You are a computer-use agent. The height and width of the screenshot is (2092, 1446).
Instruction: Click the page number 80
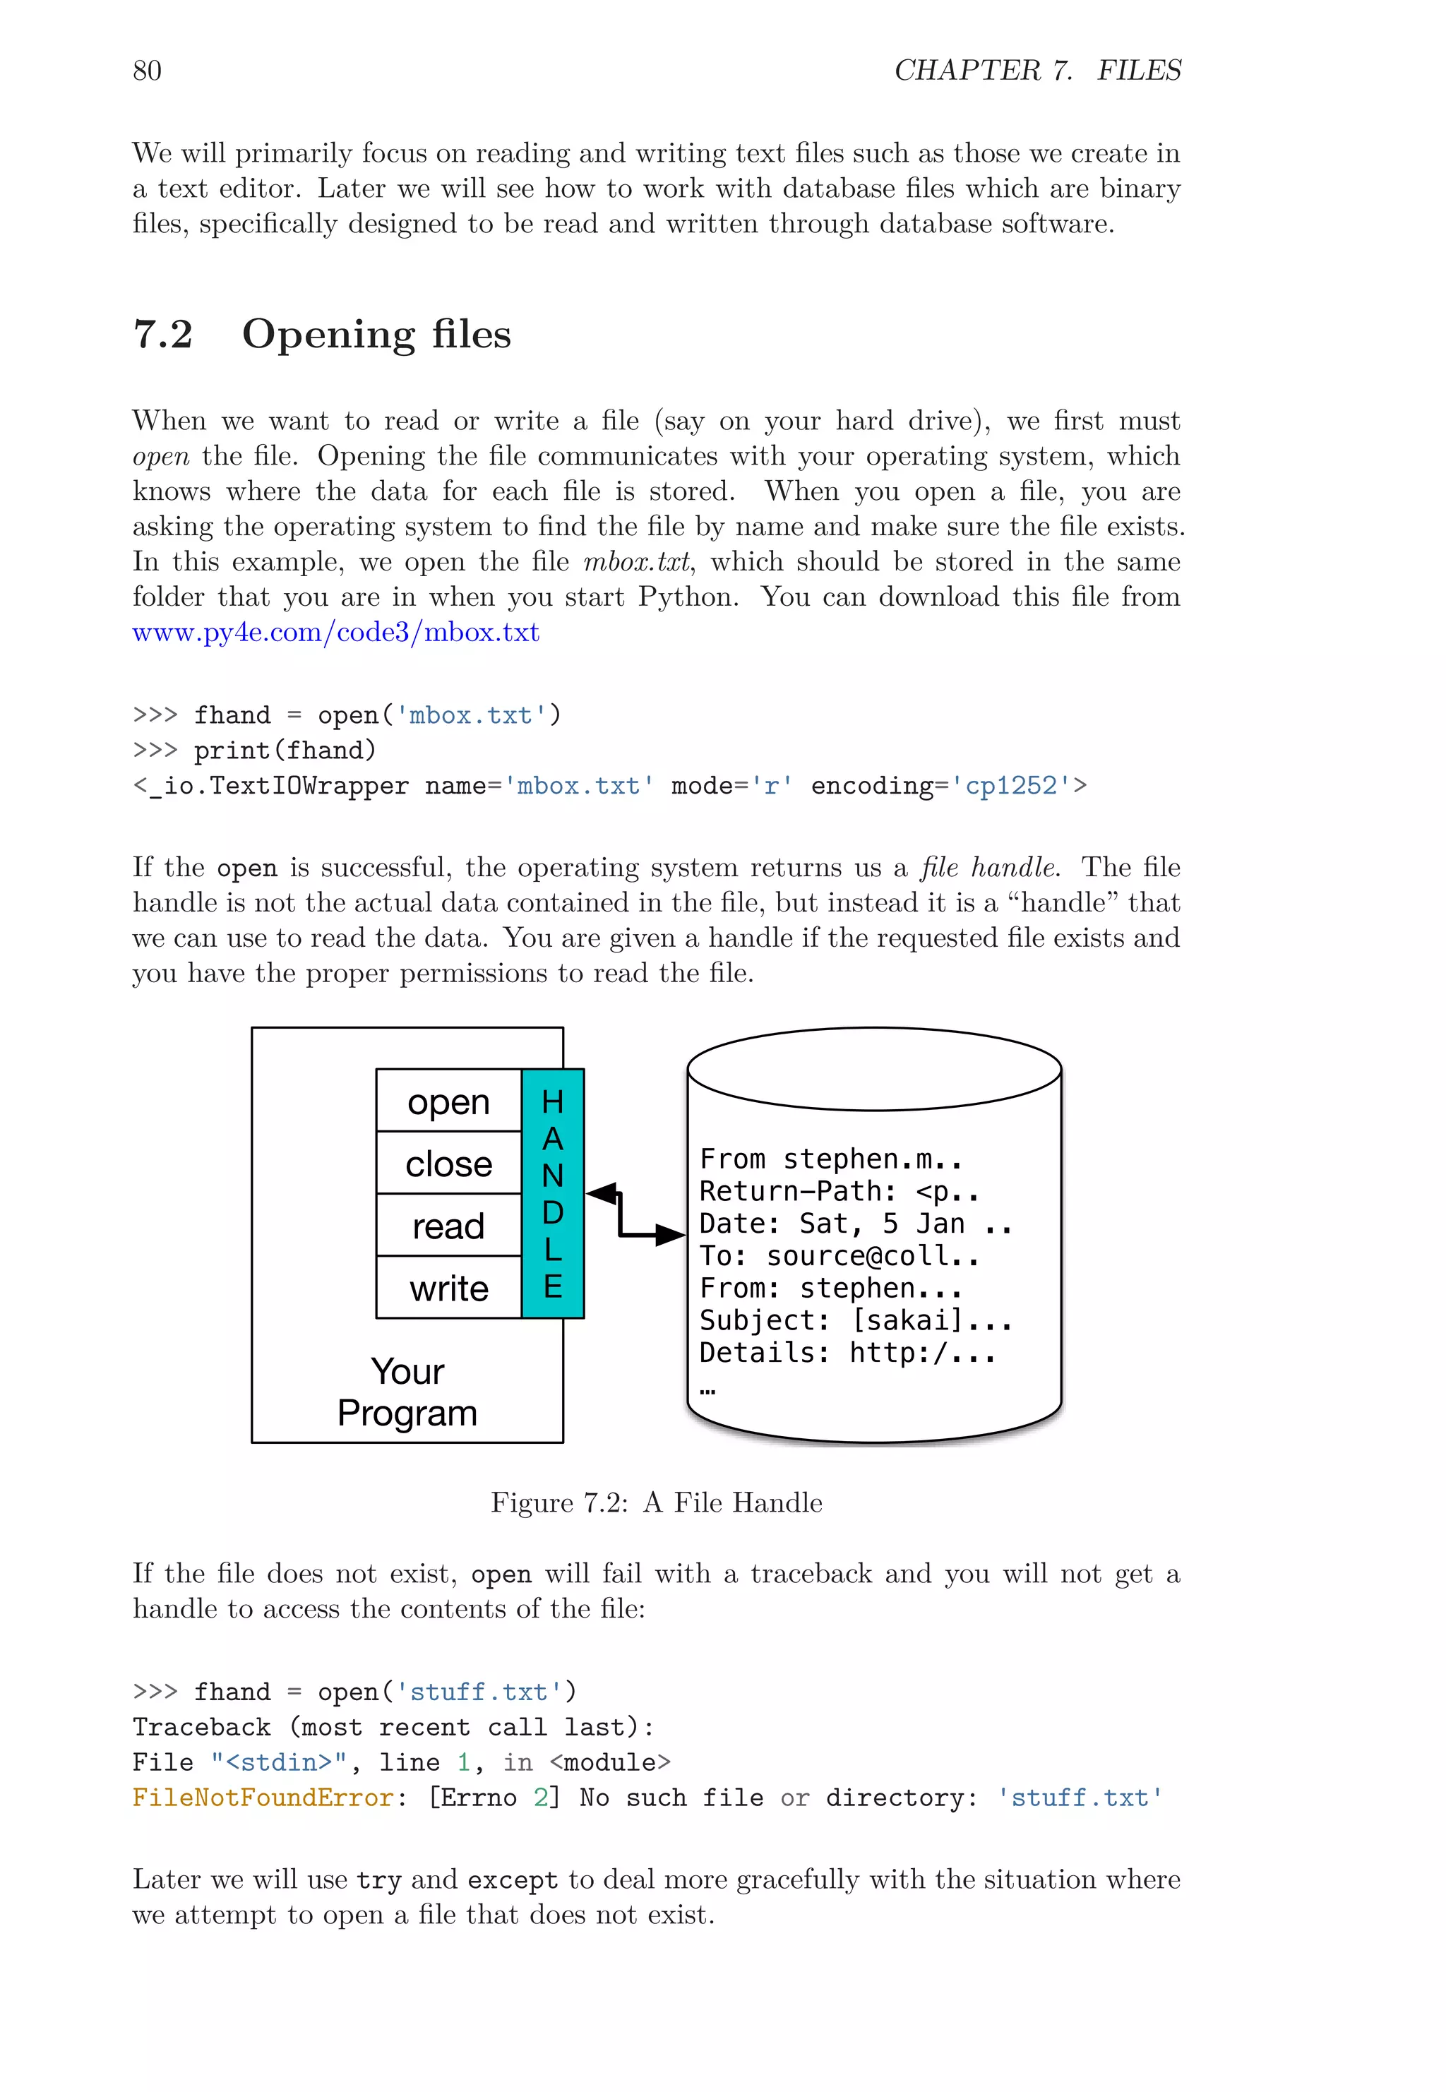(147, 71)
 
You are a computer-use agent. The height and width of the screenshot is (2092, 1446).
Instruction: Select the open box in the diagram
(448, 1101)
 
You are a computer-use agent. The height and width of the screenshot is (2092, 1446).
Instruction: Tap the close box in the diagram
(448, 1164)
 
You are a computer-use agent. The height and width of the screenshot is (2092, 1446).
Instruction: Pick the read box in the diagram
(448, 1226)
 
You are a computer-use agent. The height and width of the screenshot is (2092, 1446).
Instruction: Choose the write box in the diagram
(448, 1287)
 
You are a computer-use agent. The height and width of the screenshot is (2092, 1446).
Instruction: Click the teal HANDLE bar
(553, 1193)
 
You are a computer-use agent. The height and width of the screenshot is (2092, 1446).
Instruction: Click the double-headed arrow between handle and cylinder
(634, 1214)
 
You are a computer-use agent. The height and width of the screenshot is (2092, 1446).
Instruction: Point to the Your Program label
(407, 1392)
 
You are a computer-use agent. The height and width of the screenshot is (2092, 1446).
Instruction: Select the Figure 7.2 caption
(656, 1502)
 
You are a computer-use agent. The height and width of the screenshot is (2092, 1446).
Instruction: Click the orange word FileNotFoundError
(263, 1798)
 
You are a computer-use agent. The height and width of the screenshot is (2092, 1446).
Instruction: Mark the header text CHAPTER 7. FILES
(1037, 71)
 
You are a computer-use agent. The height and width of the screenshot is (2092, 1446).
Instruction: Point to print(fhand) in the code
(285, 751)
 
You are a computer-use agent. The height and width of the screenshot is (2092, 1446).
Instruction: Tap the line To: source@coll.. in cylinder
(839, 1256)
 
